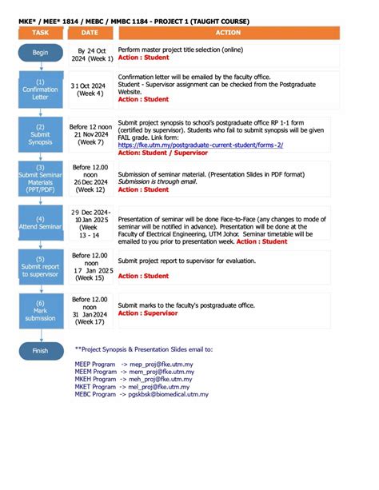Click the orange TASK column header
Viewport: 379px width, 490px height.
(x=40, y=33)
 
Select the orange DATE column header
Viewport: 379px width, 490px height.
(x=90, y=33)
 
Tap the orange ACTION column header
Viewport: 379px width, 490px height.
(x=228, y=33)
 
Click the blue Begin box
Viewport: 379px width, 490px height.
(x=40, y=53)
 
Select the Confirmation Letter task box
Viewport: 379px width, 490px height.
(x=40, y=88)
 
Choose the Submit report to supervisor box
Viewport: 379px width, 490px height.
(x=40, y=266)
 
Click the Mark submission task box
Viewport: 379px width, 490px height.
(x=40, y=309)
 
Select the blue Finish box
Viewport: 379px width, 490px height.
(x=40, y=350)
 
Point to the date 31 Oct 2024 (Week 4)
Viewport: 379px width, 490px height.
(x=90, y=90)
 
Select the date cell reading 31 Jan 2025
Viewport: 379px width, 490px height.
(x=90, y=311)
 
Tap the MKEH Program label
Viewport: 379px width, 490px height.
(x=95, y=379)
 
